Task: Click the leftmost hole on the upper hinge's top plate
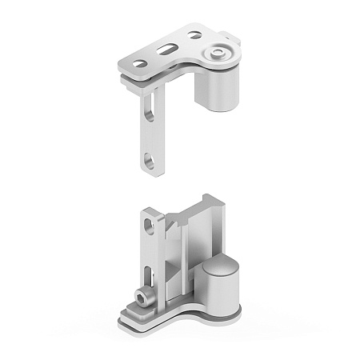tap(138, 63)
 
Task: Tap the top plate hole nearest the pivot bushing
tap(194, 35)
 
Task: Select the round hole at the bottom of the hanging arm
tap(150, 162)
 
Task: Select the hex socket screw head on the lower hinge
tap(142, 299)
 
